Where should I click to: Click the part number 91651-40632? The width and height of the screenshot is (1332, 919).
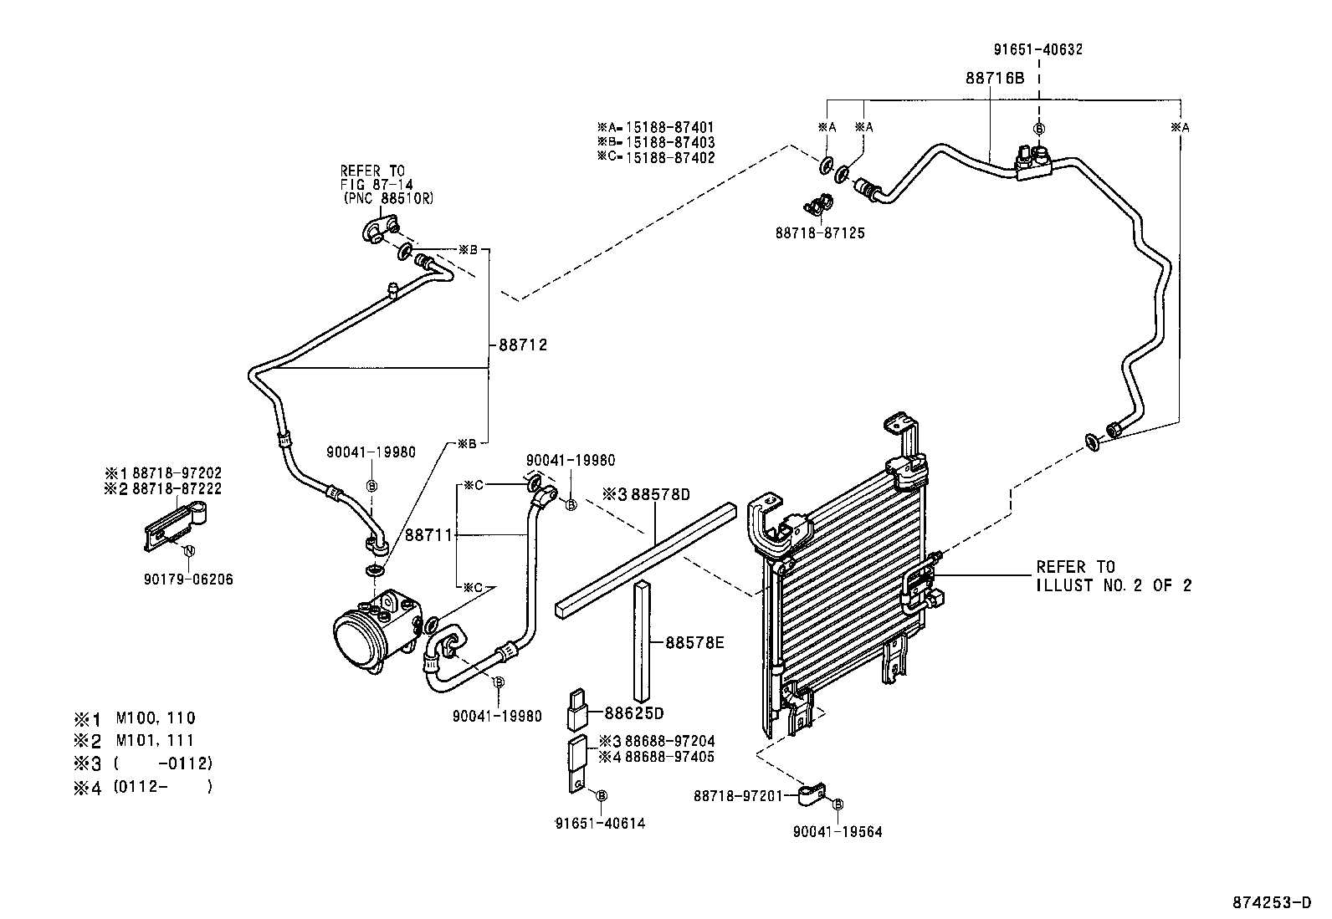[1038, 49]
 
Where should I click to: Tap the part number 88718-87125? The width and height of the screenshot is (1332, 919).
[820, 233]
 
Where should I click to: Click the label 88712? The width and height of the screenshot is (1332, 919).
[523, 345]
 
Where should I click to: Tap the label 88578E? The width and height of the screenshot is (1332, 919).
[694, 643]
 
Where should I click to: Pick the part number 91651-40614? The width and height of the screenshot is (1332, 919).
[600, 824]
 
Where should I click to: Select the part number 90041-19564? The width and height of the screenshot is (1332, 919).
[837, 831]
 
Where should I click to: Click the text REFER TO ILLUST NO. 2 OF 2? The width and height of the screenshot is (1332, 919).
[1113, 576]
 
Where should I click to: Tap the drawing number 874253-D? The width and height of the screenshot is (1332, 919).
[1272, 902]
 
